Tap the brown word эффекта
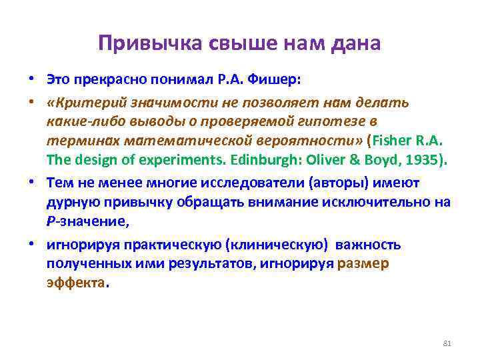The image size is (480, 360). pos(76,283)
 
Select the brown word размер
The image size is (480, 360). pos(363,263)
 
